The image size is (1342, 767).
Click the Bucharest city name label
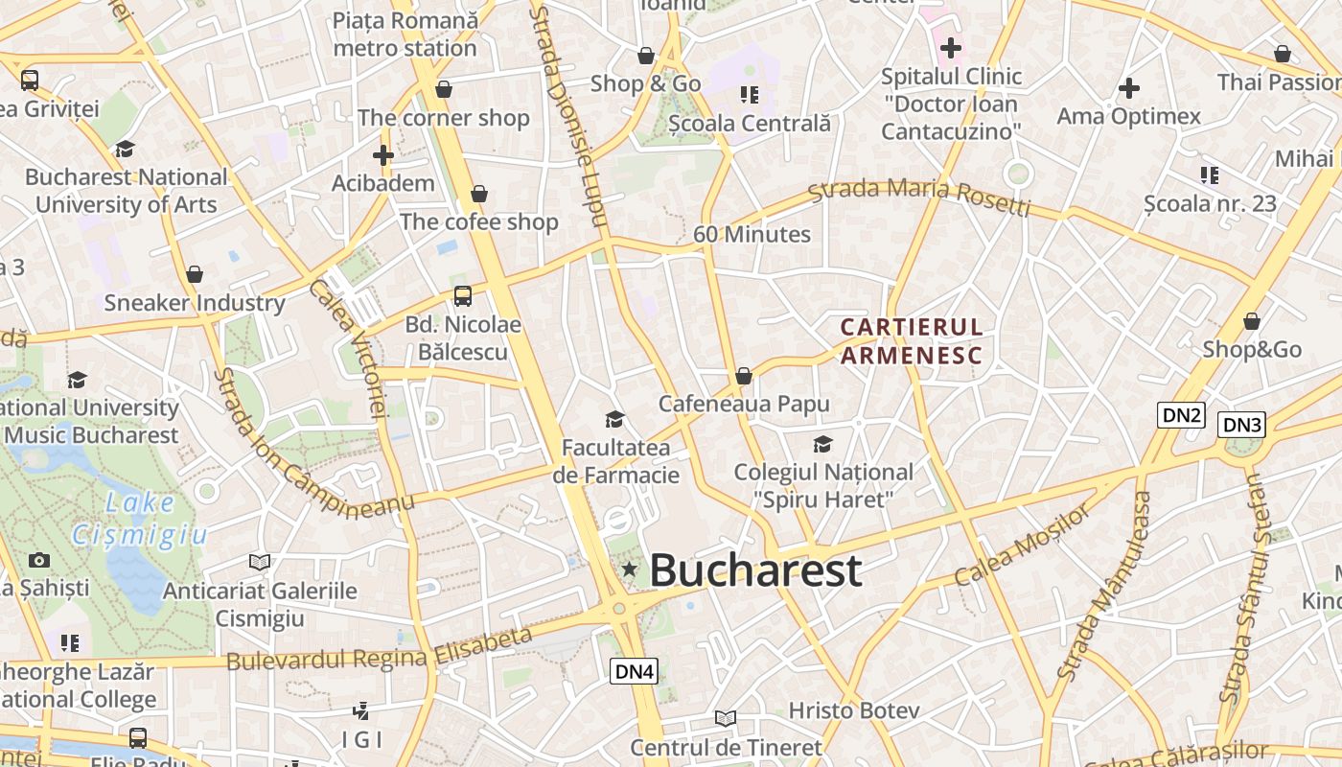pyautogui.click(x=756, y=570)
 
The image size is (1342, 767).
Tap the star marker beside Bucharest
pyautogui.click(x=629, y=569)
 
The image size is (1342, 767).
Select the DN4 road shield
pyautogui.click(x=634, y=671)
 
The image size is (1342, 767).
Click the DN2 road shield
pyautogui.click(x=1181, y=415)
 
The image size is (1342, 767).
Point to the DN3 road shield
pyautogui.click(x=1242, y=425)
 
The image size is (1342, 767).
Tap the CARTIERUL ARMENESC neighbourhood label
pyautogui.click(x=912, y=341)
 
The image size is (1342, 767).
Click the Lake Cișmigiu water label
pyautogui.click(x=140, y=519)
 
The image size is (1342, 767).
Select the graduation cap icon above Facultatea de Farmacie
pyautogui.click(x=614, y=419)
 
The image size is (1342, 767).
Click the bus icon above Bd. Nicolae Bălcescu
pyautogui.click(x=463, y=295)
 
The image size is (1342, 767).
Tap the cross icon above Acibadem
pyautogui.click(x=383, y=154)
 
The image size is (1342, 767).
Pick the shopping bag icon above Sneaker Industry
pyautogui.click(x=195, y=275)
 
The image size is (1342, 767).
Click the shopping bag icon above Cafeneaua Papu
pyautogui.click(x=743, y=376)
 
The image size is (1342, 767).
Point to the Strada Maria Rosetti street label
pyautogui.click(x=919, y=197)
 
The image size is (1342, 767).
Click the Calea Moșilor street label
pyautogui.click(x=1023, y=544)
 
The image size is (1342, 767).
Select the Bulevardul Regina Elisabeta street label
pyautogui.click(x=380, y=649)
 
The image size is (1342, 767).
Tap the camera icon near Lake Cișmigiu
pyautogui.click(x=39, y=560)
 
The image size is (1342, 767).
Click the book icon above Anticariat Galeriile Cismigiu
pyautogui.click(x=259, y=562)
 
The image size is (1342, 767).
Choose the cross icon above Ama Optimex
pyautogui.click(x=1129, y=88)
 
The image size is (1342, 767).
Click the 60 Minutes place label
pyautogui.click(x=752, y=234)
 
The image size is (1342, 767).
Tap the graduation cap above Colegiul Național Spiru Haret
pyautogui.click(x=822, y=444)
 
